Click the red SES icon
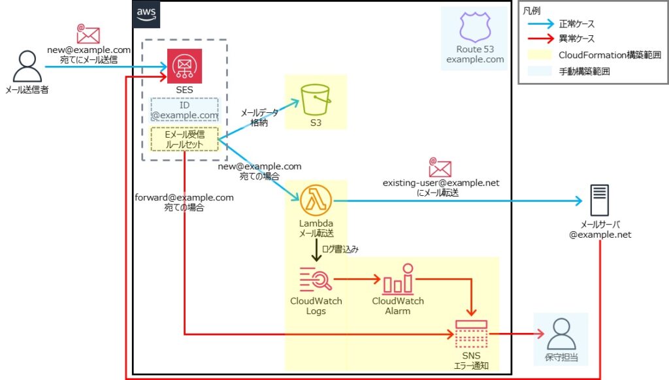coord(184,66)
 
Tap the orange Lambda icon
coord(316,200)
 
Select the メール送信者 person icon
coord(27,66)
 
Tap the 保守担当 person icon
coord(561,335)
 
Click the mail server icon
coord(600,200)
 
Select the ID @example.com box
coord(184,110)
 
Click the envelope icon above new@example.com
coord(88,35)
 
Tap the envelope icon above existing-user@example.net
coord(440,167)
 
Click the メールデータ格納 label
coord(259,117)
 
